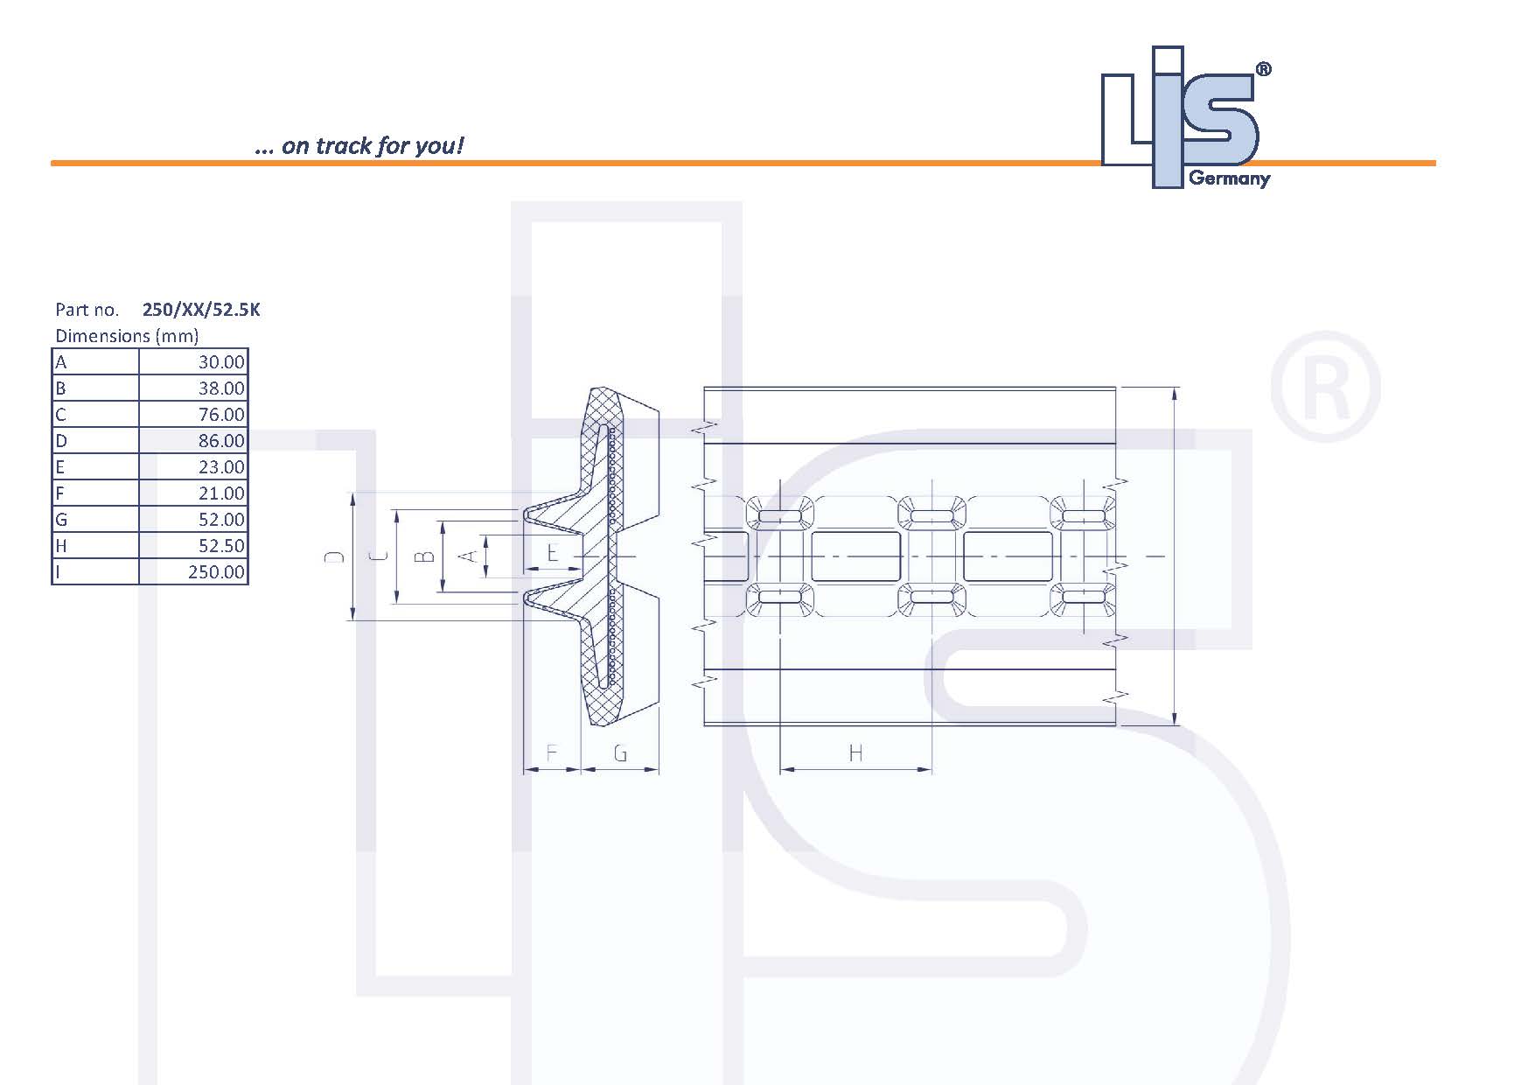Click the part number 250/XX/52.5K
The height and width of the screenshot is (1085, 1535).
pos(201,310)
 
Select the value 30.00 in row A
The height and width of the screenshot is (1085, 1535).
pos(220,362)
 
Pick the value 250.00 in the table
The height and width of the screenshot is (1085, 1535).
pos(216,572)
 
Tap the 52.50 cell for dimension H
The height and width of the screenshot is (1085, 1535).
pos(220,546)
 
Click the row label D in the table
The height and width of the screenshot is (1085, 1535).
pos(61,441)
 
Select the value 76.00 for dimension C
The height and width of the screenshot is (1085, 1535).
pos(220,415)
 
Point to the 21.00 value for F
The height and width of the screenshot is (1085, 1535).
pos(220,493)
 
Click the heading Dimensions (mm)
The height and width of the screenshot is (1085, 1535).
pos(127,336)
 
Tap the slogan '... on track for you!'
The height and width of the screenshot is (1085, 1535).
pos(359,145)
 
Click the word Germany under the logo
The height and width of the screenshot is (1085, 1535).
pos(1229,179)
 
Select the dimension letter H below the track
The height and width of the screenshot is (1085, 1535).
pos(855,752)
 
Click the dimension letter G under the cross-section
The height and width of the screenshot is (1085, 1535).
pos(620,752)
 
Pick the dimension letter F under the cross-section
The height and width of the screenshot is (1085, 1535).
pos(552,752)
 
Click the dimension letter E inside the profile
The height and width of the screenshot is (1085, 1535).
pos(552,554)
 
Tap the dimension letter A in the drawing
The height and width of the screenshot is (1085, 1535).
pos(468,556)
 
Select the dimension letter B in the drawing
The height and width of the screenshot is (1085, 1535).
pos(423,556)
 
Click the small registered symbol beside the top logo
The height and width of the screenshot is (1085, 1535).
pos(1263,70)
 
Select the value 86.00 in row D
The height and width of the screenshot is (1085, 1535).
pos(220,441)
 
